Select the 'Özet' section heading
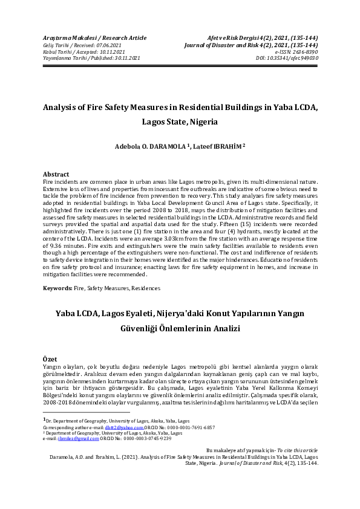[x=51, y=360]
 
